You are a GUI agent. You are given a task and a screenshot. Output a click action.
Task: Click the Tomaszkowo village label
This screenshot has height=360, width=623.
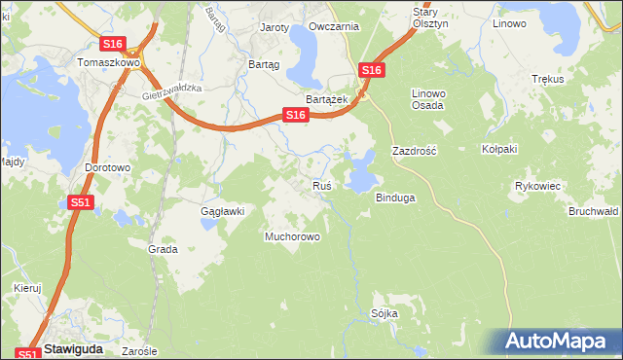tap(108, 61)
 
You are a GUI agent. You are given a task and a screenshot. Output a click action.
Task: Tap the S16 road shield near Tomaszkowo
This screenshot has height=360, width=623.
tap(113, 44)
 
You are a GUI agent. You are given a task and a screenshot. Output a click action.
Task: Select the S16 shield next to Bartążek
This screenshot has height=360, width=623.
tap(296, 115)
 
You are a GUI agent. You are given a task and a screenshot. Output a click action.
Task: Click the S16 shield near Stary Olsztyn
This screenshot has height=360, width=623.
tap(371, 70)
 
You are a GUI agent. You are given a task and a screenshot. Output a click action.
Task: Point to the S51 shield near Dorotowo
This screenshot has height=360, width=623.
tap(81, 202)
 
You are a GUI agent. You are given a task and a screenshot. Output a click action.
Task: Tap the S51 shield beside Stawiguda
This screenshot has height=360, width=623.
tap(28, 354)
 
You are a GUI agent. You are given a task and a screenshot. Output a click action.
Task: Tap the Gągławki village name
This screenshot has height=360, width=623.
tap(221, 210)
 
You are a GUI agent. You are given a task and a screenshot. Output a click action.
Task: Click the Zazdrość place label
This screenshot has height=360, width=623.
tap(414, 152)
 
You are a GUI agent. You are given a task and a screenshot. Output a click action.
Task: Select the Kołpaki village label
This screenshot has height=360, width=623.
tap(499, 149)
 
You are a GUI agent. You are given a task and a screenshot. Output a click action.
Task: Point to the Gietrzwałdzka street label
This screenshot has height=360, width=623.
tap(170, 89)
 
